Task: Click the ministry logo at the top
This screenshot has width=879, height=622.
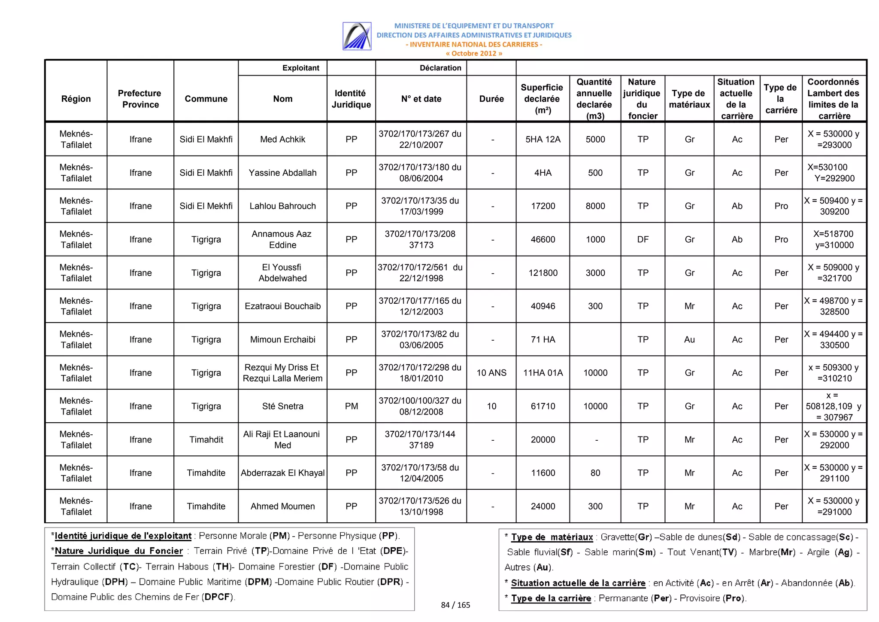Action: tap(357, 36)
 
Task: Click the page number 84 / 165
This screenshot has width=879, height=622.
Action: tap(455, 605)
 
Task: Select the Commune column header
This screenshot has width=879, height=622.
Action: tap(206, 99)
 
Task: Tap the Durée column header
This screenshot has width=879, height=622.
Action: tap(491, 99)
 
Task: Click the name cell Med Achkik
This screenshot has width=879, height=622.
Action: tap(282, 139)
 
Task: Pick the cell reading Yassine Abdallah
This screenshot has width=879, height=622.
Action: tap(282, 173)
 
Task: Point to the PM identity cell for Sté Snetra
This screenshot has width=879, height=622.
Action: tap(351, 406)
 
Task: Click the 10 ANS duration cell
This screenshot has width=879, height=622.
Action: tap(491, 372)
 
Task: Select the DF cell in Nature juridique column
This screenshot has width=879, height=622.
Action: tap(643, 239)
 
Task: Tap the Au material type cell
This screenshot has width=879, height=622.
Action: tap(689, 339)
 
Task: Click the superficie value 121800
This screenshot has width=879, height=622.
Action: tap(543, 273)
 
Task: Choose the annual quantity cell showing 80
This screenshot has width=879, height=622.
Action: tap(595, 473)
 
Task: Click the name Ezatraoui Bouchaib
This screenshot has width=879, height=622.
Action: tap(282, 306)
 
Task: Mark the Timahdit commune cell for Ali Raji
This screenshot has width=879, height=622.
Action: tap(206, 439)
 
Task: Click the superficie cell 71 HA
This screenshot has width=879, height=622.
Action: tap(543, 339)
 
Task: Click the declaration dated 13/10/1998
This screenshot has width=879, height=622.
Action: tap(420, 506)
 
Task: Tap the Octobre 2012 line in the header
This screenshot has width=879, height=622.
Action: tap(474, 53)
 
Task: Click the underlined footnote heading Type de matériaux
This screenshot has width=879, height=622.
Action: tap(552, 537)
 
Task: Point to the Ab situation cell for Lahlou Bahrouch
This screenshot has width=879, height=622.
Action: tap(737, 206)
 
